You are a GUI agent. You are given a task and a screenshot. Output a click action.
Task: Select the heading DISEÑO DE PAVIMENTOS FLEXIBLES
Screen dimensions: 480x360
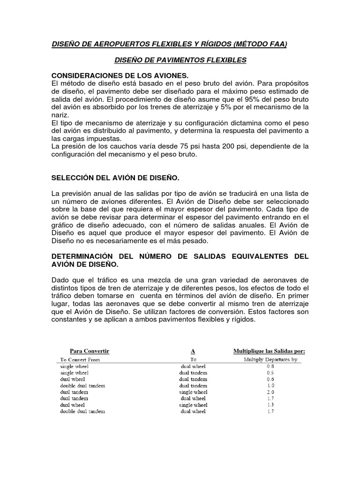click(180, 60)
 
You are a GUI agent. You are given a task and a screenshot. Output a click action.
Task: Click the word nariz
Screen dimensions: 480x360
click(60, 115)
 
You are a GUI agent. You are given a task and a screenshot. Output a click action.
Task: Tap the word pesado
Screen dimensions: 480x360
click(194, 240)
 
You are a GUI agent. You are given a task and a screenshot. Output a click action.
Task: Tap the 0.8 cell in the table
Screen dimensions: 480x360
click(270, 366)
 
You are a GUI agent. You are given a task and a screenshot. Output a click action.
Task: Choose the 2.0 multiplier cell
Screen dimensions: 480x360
click(270, 392)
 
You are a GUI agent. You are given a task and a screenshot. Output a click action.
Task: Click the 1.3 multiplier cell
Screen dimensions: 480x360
click(270, 405)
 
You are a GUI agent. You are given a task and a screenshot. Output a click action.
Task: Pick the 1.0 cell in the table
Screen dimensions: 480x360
click(270, 385)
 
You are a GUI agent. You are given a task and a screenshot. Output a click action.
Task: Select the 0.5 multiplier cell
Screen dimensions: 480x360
click(270, 373)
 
